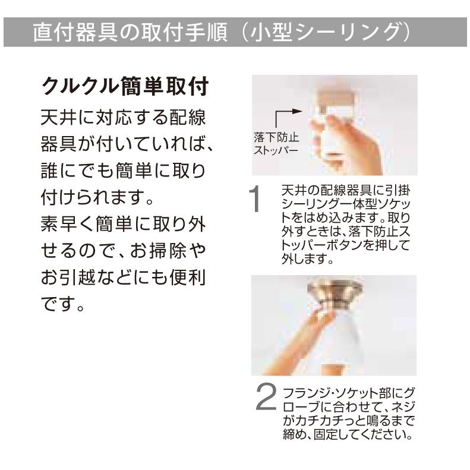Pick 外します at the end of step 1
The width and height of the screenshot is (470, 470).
pos(303,260)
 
